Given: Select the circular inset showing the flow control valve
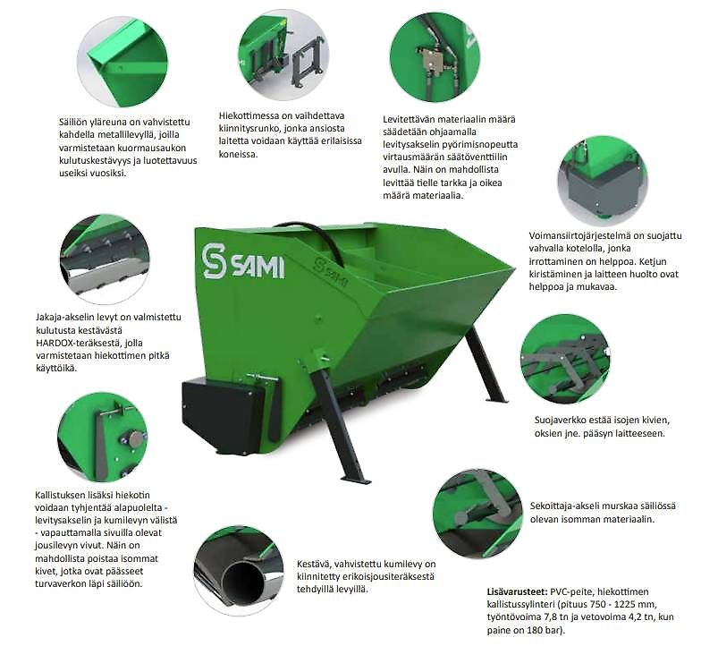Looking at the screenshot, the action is [435, 57].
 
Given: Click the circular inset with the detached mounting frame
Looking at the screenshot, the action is [283, 54].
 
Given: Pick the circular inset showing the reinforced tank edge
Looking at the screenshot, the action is [122, 63].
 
